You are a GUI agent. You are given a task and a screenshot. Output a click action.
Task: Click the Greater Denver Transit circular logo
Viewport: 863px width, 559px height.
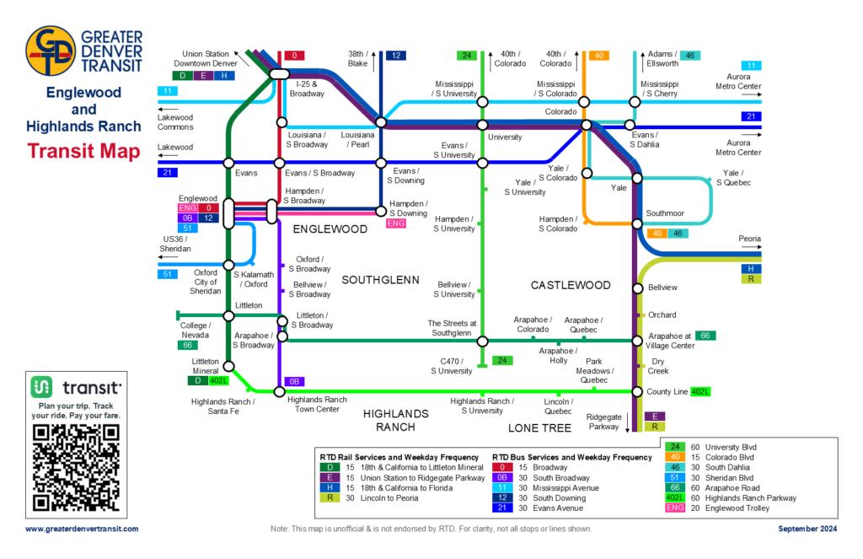[51, 51]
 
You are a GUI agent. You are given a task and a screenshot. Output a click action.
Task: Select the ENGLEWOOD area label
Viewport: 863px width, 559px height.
[330, 229]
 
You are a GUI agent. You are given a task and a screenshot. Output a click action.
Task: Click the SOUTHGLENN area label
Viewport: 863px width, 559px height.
[375, 279]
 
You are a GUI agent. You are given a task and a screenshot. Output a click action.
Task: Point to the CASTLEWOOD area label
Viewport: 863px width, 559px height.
[571, 286]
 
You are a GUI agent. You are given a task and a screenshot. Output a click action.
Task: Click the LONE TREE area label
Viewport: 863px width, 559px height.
[540, 428]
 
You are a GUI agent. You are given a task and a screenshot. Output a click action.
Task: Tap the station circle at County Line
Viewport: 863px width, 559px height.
[637, 391]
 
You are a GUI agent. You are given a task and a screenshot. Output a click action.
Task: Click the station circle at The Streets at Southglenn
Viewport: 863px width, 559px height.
[483, 341]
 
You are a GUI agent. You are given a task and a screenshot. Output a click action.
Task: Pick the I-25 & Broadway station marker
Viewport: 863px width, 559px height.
[279, 75]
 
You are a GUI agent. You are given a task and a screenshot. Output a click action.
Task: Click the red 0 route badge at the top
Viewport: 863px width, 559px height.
[294, 56]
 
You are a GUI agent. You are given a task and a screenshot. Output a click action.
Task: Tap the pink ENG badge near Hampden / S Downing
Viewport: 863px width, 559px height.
[395, 223]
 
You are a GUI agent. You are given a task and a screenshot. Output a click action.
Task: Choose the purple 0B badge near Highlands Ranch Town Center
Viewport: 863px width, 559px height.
[294, 381]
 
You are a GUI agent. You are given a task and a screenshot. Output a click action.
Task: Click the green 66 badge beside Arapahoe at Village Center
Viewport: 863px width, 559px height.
[706, 336]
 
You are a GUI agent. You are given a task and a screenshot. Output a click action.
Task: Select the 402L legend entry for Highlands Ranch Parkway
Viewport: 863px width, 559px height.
[675, 497]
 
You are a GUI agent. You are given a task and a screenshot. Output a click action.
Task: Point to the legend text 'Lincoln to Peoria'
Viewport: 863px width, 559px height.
[374, 497]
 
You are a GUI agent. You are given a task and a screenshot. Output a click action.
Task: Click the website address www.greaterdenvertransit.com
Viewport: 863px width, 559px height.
[82, 529]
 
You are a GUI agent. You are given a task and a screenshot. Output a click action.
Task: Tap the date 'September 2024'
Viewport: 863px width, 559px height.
[807, 529]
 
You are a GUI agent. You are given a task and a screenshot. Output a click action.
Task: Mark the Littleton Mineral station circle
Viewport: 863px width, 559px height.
[228, 367]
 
